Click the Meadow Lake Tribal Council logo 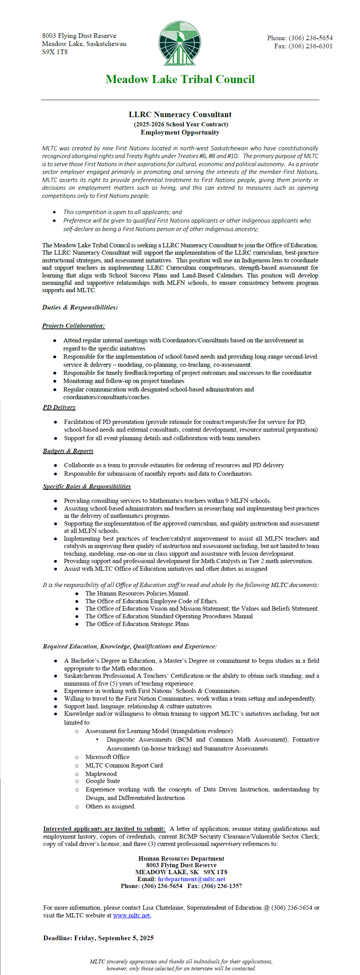pos(180,43)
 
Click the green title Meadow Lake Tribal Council pos(180,80)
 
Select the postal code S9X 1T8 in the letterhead pos(55,52)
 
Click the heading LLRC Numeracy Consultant pos(180,115)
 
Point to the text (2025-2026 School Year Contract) pos(181,124)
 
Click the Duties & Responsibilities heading pos(80,308)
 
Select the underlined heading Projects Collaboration pos(73,326)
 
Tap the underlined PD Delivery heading pos(59,407)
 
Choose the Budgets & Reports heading pos(68,451)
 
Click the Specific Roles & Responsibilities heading pos(87,487)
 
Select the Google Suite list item pos(103,781)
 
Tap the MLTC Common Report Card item pos(124,766)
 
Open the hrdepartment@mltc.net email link pos(192,879)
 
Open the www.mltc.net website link pos(132,915)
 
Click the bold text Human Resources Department pos(181,859)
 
